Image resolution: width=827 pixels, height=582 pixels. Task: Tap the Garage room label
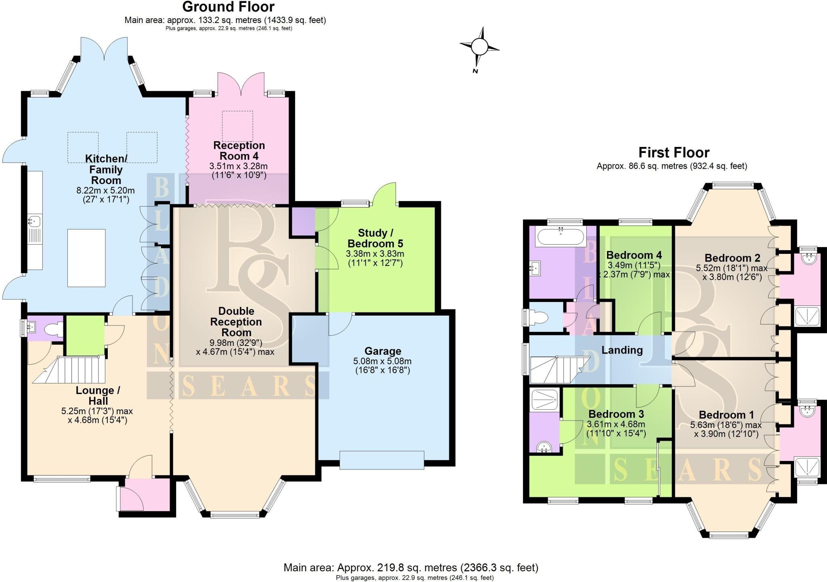(x=382, y=351)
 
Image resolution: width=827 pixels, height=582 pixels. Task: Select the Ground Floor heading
(x=228, y=7)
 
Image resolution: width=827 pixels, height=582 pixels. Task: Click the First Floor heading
(x=674, y=153)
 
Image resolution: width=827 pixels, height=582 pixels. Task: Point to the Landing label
(x=622, y=350)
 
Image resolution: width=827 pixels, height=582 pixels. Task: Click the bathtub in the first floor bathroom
(x=560, y=237)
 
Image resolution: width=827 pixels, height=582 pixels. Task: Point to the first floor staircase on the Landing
(x=555, y=369)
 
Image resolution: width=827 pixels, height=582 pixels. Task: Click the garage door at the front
(x=382, y=460)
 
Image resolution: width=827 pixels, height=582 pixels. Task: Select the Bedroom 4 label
(x=634, y=255)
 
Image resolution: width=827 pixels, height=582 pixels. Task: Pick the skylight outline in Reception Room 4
(x=237, y=126)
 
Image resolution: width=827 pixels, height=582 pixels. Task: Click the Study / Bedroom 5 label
(x=375, y=238)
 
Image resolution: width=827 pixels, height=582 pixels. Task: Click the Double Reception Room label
(x=236, y=322)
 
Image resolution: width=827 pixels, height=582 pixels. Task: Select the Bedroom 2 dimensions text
(x=732, y=272)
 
